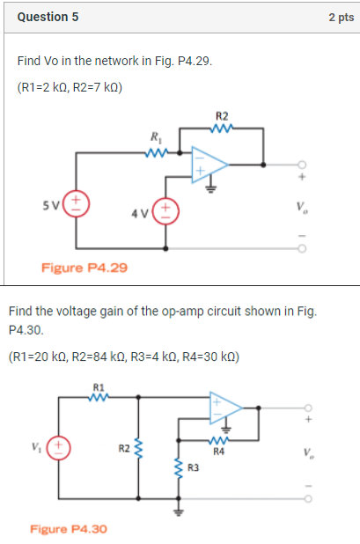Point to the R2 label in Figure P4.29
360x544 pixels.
tap(221, 116)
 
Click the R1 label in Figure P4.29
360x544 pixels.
tap(157, 136)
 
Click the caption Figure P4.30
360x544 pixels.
tap(68, 529)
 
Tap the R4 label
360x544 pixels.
tap(221, 452)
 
